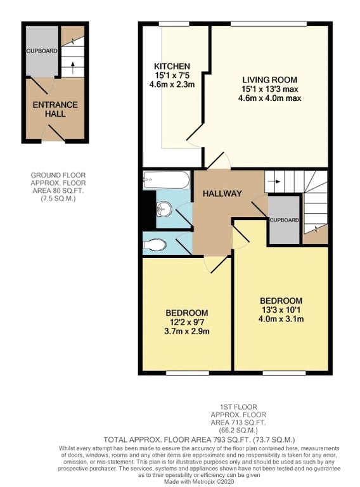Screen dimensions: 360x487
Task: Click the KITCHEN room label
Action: pos(172,66)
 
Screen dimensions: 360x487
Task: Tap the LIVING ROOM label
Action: pos(270,80)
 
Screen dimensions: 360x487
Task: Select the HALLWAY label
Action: pos(222,194)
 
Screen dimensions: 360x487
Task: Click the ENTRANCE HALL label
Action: pos(55,109)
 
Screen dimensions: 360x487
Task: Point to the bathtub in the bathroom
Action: pos(166,180)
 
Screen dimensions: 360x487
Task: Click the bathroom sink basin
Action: pos(164,209)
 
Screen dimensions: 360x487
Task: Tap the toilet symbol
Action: pos(155,245)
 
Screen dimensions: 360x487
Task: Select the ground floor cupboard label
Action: pos(42,51)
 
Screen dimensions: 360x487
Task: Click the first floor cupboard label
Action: pos(284,220)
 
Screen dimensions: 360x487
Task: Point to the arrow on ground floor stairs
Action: pos(73,68)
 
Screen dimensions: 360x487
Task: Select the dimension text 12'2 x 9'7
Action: pos(187,322)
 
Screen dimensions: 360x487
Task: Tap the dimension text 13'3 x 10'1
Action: pos(281,309)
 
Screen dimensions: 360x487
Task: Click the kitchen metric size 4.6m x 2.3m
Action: pos(172,84)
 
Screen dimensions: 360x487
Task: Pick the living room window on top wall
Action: pos(269,24)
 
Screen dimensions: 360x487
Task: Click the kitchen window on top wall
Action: pos(174,24)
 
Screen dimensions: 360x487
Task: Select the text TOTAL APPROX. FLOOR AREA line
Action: pos(199,440)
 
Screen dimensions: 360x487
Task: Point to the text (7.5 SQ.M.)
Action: pos(58,198)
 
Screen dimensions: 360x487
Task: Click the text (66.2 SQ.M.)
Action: pos(238,431)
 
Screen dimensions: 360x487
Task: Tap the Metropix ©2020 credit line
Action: pos(199,481)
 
